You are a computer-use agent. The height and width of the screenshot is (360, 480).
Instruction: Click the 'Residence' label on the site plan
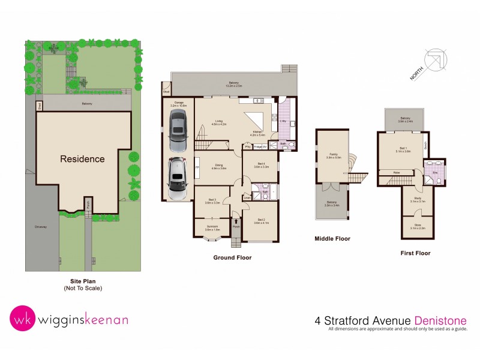pos(82,159)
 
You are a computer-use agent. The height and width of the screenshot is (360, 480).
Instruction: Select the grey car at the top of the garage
pos(178,133)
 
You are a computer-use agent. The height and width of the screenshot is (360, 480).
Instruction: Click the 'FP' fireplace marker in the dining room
pos(197,167)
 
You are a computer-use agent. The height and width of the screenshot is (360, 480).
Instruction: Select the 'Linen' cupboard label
pos(247,198)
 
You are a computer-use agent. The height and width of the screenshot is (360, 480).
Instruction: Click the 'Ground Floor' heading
pos(232,257)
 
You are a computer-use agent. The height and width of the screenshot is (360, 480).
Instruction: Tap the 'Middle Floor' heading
pos(332,238)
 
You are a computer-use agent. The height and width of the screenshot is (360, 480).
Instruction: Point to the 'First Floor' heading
pos(415,253)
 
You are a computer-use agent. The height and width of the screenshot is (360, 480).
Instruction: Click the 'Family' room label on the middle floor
pos(332,155)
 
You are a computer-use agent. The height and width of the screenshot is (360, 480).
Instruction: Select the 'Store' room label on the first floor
pos(418,226)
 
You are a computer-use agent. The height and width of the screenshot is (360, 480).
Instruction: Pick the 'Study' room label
pos(418,199)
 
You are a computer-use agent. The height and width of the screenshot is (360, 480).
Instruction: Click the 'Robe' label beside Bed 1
pos(397,173)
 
